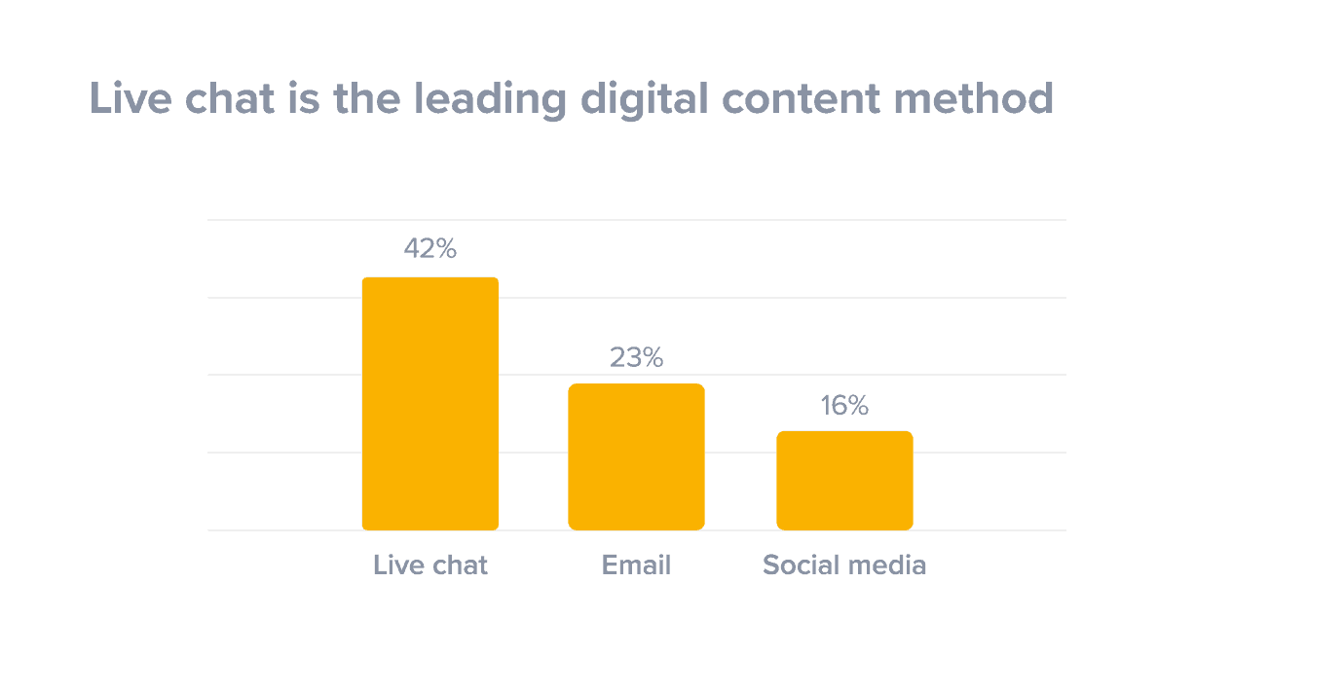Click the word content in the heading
[x=797, y=99]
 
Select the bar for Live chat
[x=429, y=404]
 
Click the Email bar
[x=636, y=456]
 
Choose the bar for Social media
[x=844, y=481]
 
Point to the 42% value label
[x=429, y=249]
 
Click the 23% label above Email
[x=636, y=358]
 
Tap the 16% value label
[x=844, y=406]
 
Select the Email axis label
[x=636, y=565]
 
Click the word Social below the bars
[x=796, y=565]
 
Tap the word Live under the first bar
[x=395, y=565]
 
